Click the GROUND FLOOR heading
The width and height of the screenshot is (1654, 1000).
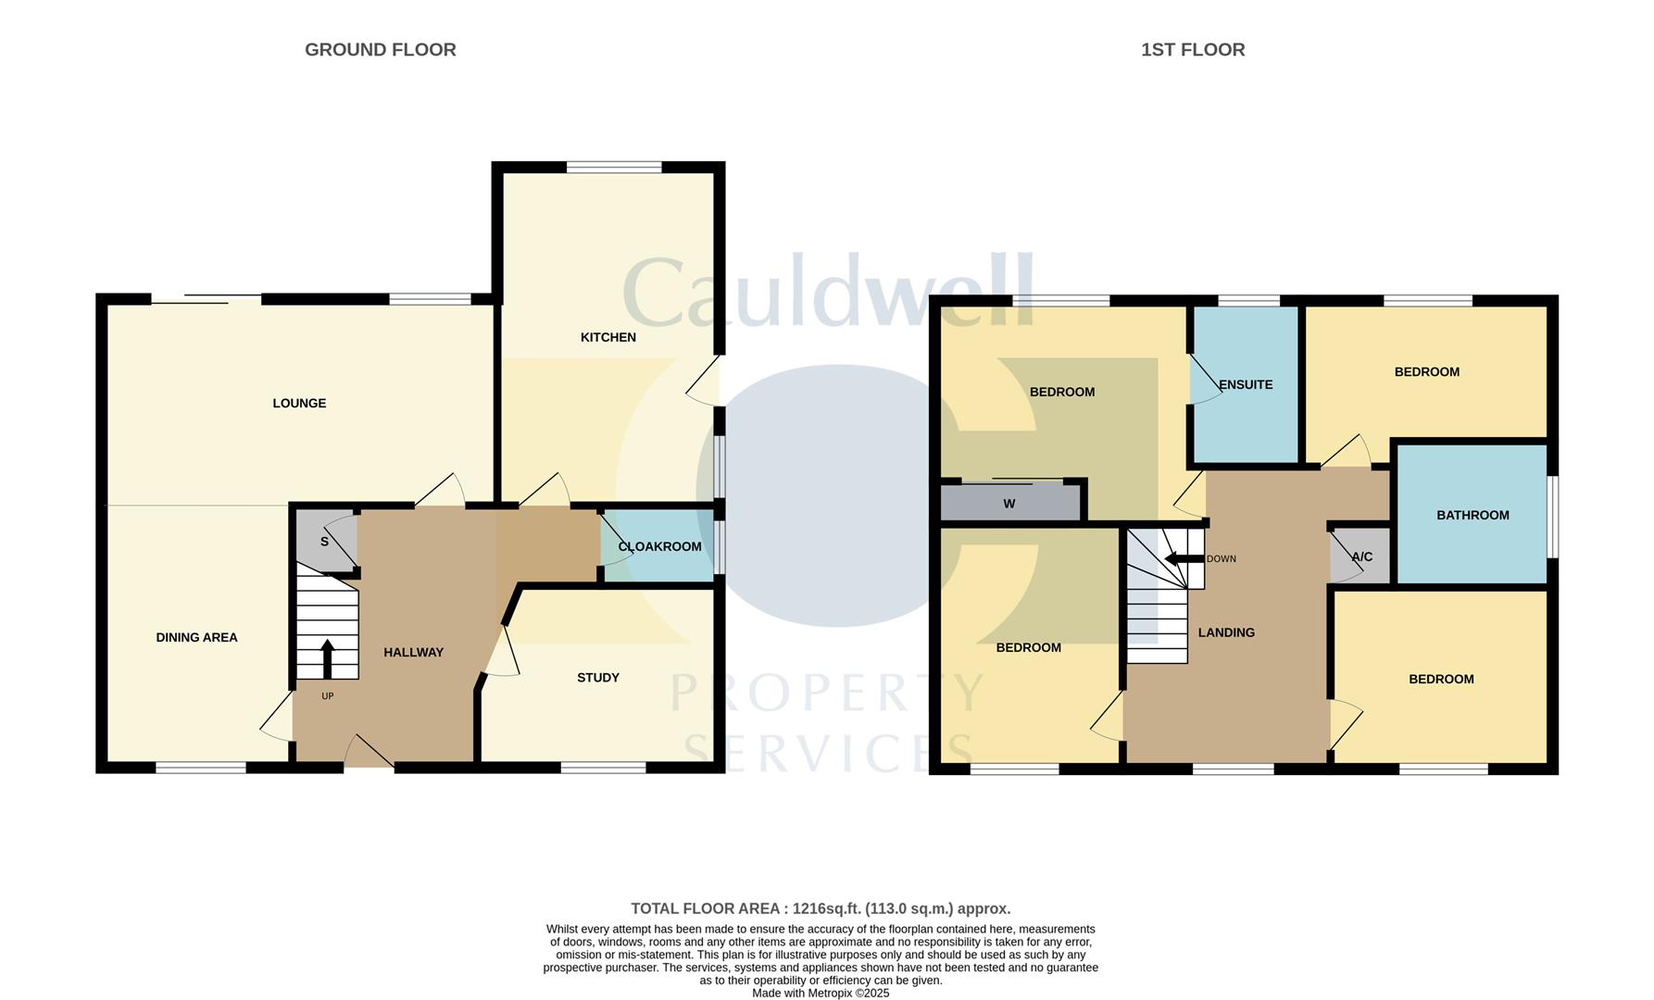click(380, 50)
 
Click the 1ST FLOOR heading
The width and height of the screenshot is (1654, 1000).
click(1192, 50)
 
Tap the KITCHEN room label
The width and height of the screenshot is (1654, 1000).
click(608, 337)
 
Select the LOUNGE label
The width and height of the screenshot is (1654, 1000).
click(299, 403)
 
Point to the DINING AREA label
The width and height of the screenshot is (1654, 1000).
click(196, 637)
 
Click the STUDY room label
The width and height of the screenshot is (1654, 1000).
click(597, 678)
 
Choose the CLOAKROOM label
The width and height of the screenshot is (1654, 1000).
click(659, 546)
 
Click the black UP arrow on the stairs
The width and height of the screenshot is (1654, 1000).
click(327, 658)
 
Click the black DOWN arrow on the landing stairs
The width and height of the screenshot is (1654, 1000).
click(1183, 559)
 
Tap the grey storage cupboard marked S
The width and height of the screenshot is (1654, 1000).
click(324, 542)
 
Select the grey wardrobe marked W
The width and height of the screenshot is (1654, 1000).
click(1009, 504)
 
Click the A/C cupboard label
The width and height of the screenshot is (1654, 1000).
click(1361, 556)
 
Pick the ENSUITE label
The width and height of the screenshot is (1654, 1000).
click(1245, 384)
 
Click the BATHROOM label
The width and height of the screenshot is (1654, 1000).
click(1472, 515)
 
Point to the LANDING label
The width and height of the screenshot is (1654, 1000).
click(1226, 632)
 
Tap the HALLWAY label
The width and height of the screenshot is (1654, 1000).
click(413, 652)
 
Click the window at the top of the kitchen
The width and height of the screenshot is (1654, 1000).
click(614, 168)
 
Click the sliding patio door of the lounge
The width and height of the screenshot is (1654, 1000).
click(206, 299)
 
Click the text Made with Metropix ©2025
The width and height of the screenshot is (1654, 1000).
click(821, 993)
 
